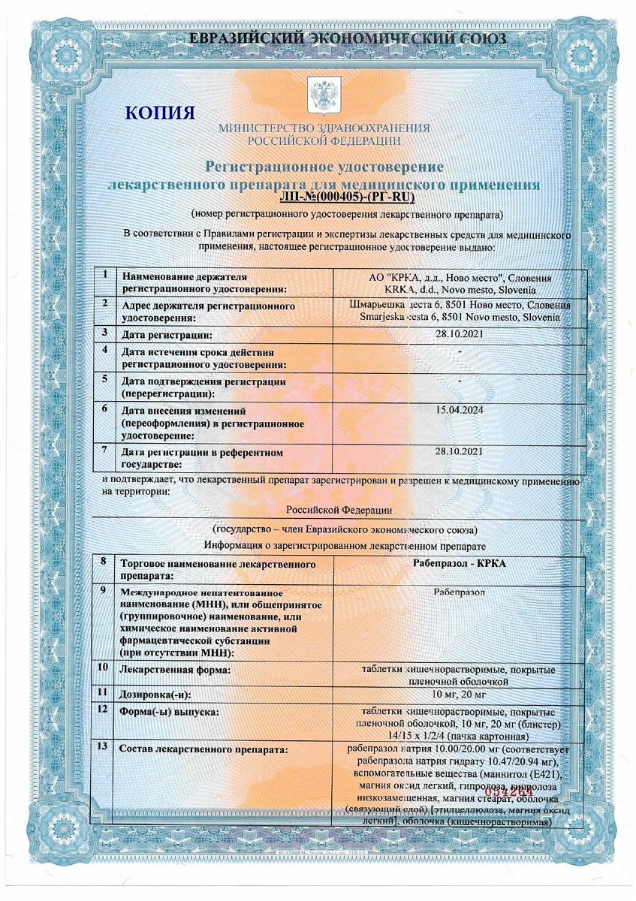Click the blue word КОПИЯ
tap(160, 113)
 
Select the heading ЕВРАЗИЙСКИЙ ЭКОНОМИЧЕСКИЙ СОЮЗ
tap(347, 38)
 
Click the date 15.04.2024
tap(460, 411)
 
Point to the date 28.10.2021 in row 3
tap(460, 333)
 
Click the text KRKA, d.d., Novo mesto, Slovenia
tap(460, 290)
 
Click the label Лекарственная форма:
tap(175, 670)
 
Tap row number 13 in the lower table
tap(103, 747)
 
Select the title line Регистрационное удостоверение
tap(324, 166)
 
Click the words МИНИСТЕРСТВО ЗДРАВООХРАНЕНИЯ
tap(324, 128)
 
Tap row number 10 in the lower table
tap(103, 667)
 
